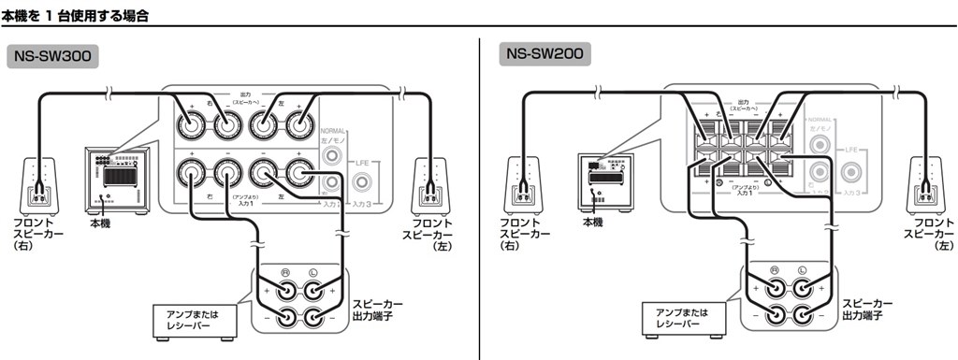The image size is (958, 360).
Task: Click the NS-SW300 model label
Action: tap(52, 55)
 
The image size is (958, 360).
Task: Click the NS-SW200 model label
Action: tap(544, 53)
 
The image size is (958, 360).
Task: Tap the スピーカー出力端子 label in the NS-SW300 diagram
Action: tap(379, 310)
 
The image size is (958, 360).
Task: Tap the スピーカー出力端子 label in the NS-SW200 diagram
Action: tap(866, 310)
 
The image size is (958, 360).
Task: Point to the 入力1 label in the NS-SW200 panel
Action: tap(745, 192)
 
